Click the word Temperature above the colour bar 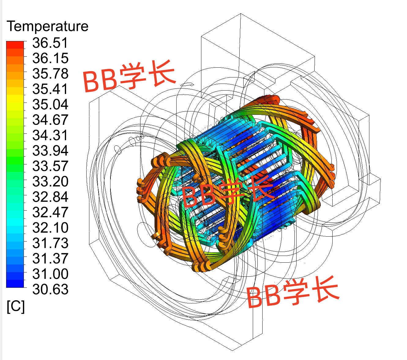point(47,26)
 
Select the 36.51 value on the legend point(50,43)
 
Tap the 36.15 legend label point(50,58)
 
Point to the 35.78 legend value point(50,73)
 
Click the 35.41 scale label point(50,89)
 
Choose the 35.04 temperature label point(50,104)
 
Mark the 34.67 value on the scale point(50,120)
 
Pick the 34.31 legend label point(50,135)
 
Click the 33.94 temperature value point(50,151)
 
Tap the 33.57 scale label point(50,166)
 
